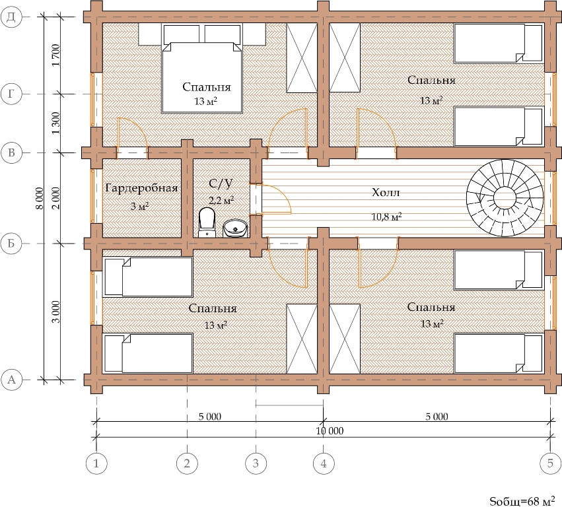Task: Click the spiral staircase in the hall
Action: [505, 198]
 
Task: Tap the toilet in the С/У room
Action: [207, 223]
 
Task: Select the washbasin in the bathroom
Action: [236, 228]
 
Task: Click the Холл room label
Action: [386, 193]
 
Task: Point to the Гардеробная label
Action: [141, 188]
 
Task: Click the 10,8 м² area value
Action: [386, 216]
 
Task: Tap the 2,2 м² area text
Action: [221, 200]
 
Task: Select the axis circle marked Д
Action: [11, 17]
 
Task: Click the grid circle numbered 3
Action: [256, 463]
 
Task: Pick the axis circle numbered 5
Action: [550, 463]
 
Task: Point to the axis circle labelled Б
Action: [11, 244]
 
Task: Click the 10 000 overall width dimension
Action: [330, 430]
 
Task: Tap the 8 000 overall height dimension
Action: [40, 198]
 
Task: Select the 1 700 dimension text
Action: [55, 55]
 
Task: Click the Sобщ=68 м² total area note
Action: [522, 500]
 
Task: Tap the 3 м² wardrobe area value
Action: [139, 207]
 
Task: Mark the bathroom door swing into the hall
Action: [276, 199]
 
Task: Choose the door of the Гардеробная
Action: [132, 133]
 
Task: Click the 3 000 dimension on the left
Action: [55, 312]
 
